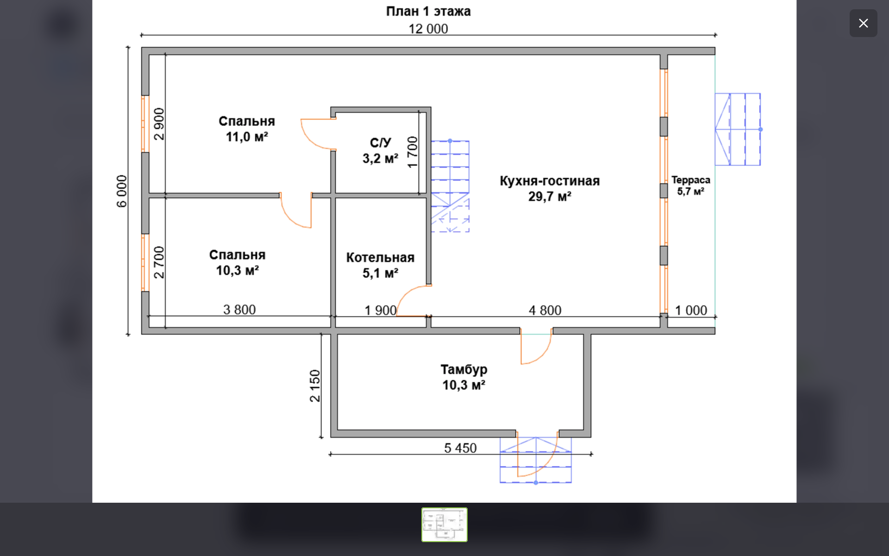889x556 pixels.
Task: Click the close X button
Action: click(863, 23)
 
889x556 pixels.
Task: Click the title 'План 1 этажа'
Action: click(428, 11)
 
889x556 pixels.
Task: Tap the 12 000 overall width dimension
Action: click(428, 29)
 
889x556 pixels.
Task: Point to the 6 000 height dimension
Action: click(121, 191)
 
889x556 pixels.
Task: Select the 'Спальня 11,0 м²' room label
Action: click(247, 129)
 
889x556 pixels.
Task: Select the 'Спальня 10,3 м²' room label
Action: click(237, 263)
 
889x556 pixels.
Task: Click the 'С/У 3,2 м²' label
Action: click(380, 151)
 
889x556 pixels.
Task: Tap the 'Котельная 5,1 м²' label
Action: click(380, 265)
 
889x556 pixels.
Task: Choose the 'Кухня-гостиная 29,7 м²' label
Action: click(550, 189)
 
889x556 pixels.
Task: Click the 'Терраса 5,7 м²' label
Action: click(691, 185)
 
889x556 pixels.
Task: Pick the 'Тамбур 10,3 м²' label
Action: click(463, 377)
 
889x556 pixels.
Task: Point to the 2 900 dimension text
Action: click(159, 124)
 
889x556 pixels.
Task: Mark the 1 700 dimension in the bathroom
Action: click(412, 152)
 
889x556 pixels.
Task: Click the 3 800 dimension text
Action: click(239, 310)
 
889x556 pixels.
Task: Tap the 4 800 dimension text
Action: click(545, 310)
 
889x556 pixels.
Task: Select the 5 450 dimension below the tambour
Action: click(460, 448)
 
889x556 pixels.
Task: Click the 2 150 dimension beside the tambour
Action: click(315, 385)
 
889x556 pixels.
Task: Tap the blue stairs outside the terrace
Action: click(738, 129)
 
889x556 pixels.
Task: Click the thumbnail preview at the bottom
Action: click(444, 524)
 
